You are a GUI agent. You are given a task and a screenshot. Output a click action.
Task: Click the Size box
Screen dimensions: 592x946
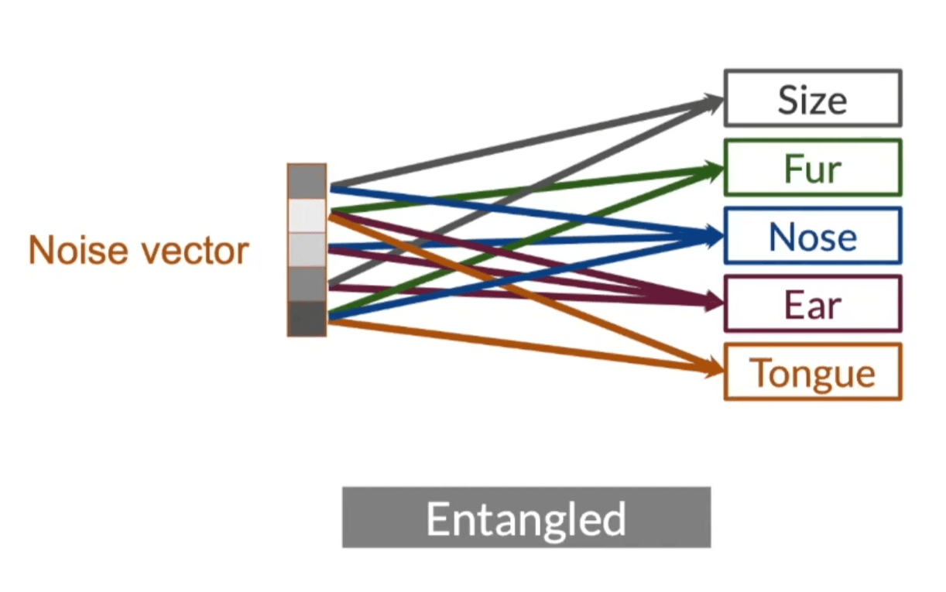pyautogui.click(x=812, y=98)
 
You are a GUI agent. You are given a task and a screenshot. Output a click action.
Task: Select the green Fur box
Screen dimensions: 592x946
pyautogui.click(x=812, y=167)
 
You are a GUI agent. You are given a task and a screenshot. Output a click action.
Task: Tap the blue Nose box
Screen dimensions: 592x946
pyautogui.click(x=812, y=236)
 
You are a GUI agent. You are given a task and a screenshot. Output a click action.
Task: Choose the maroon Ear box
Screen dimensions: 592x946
pyautogui.click(x=812, y=304)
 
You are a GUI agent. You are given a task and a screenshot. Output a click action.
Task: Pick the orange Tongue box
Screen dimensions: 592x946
pyautogui.click(x=812, y=372)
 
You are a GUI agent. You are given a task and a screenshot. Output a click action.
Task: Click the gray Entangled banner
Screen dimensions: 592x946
pyautogui.click(x=526, y=518)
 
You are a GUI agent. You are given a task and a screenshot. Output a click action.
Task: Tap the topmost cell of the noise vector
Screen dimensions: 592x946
pyautogui.click(x=307, y=181)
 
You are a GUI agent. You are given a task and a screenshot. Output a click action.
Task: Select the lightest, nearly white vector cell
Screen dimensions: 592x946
pyautogui.click(x=307, y=215)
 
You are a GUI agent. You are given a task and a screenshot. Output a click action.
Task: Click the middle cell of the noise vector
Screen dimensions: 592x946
pyautogui.click(x=307, y=249)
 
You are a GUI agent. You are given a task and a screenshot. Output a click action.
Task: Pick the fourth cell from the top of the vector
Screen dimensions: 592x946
pyautogui.click(x=307, y=284)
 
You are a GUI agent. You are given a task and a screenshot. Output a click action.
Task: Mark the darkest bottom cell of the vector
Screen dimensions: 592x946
pyautogui.click(x=307, y=318)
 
